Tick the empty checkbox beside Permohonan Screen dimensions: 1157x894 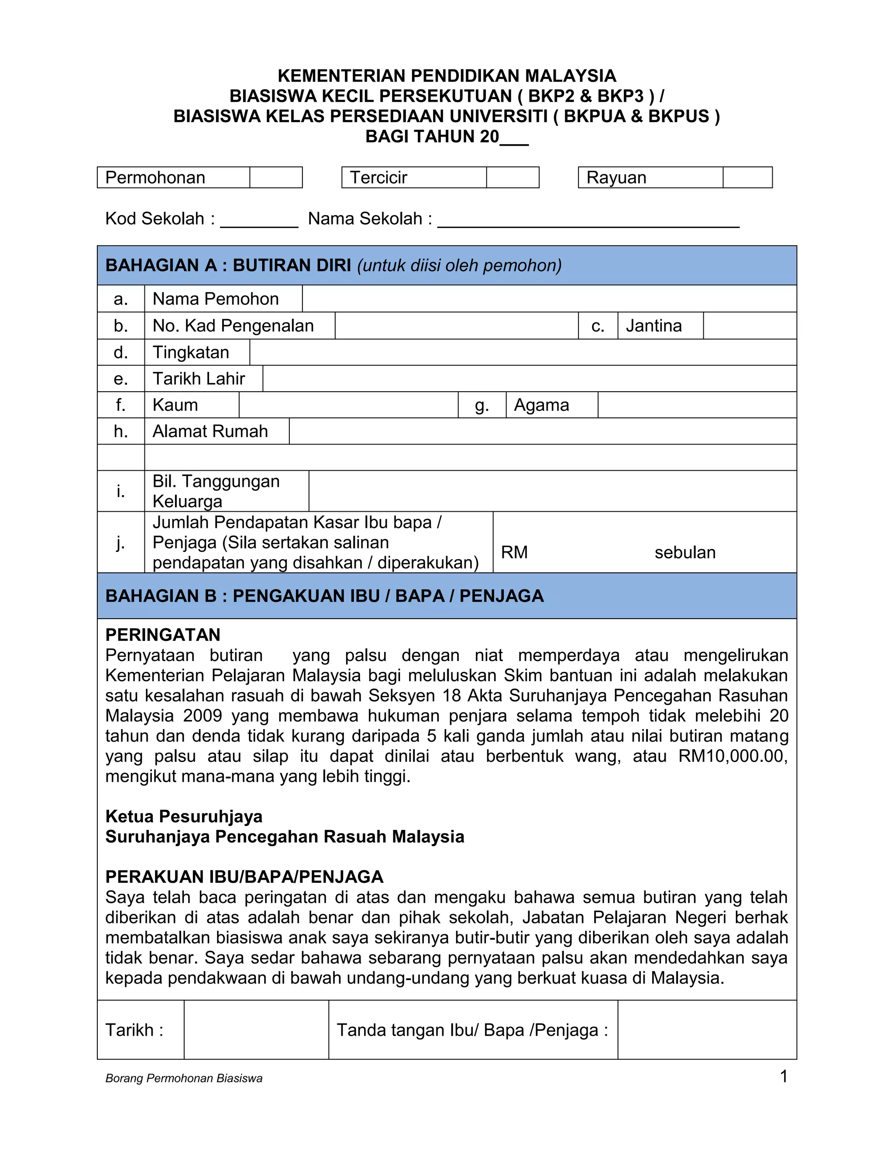click(x=275, y=177)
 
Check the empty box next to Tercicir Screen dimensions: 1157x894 click(x=512, y=177)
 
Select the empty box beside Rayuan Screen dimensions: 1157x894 click(x=747, y=177)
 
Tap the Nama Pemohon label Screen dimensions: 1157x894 click(x=216, y=299)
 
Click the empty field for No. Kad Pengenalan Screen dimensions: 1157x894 click(x=456, y=325)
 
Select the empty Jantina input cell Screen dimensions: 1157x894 click(x=750, y=325)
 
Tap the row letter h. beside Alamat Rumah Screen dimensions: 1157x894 click(x=121, y=431)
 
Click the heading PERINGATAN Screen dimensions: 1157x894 click(x=162, y=635)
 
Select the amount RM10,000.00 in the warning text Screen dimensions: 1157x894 click(x=732, y=756)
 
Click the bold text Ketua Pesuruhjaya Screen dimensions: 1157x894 click(x=184, y=816)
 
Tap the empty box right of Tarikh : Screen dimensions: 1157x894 click(x=256, y=1030)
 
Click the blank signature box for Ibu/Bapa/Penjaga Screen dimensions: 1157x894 click(x=707, y=1030)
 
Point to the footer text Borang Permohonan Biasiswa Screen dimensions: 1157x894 click(x=184, y=1078)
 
